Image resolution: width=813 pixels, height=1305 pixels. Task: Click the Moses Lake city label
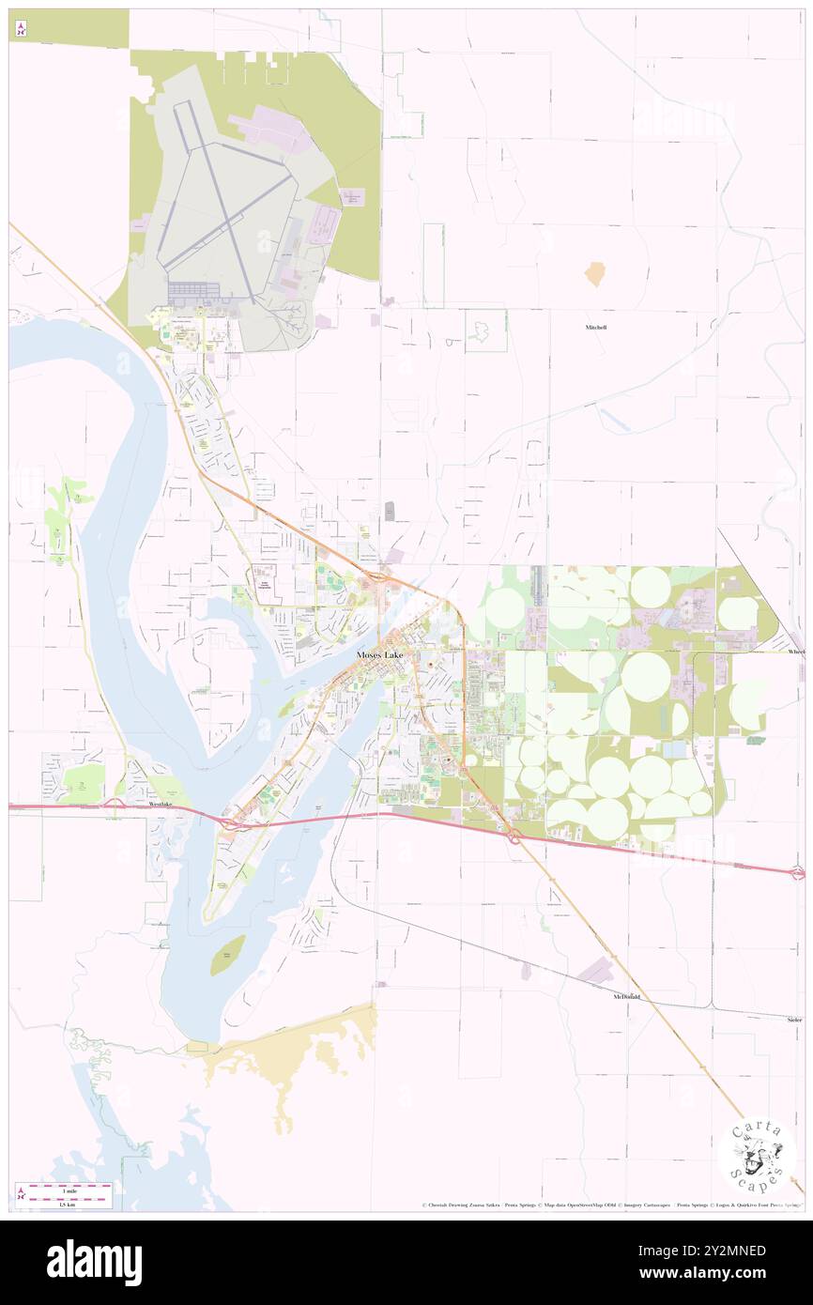click(x=380, y=654)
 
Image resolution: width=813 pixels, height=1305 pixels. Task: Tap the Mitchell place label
click(x=596, y=327)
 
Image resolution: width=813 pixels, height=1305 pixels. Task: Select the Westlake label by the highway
click(x=161, y=806)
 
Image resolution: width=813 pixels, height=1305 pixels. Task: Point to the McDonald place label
click(x=626, y=996)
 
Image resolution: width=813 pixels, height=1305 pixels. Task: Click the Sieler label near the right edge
click(x=794, y=1019)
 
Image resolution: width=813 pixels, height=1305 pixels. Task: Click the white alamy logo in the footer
click(x=94, y=1263)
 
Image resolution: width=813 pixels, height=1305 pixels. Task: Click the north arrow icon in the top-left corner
click(x=21, y=29)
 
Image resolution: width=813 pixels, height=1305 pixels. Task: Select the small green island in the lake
click(x=226, y=955)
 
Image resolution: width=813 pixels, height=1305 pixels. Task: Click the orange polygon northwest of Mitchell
click(x=594, y=274)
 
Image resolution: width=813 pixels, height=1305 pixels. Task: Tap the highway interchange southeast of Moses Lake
click(x=514, y=835)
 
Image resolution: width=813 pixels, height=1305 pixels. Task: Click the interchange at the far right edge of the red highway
click(x=797, y=873)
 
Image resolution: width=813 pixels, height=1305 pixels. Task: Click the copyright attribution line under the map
click(x=610, y=1205)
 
